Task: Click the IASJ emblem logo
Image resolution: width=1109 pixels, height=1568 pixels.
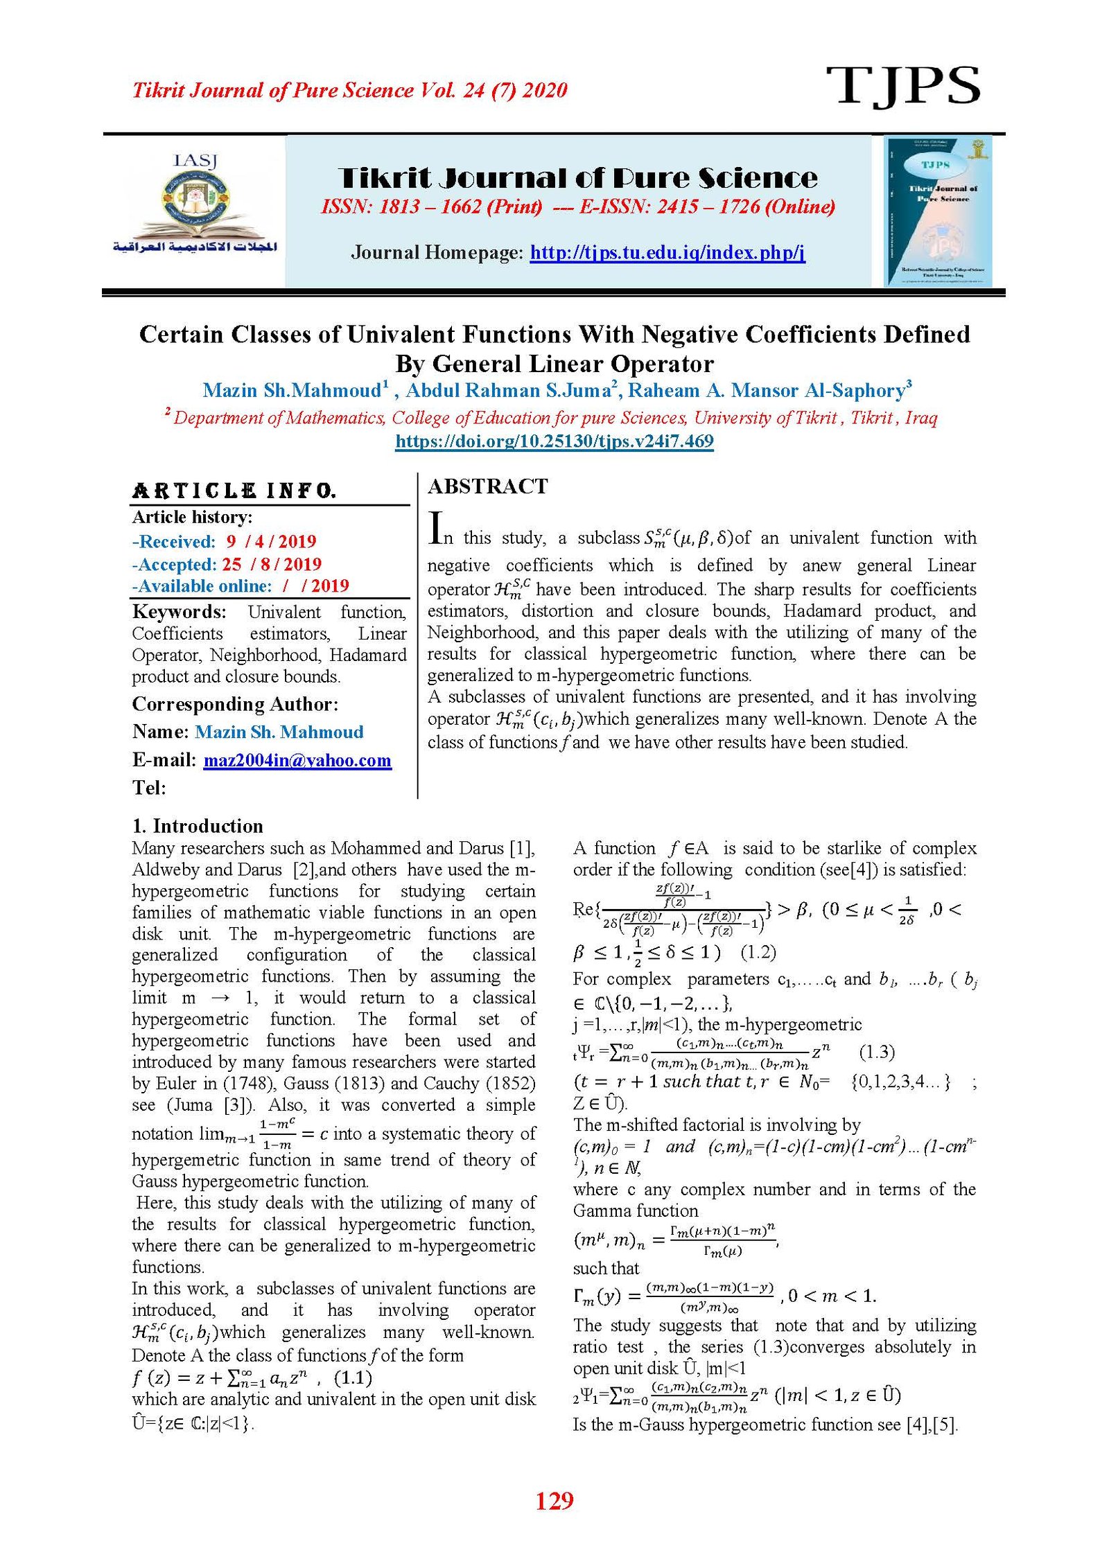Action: pyautogui.click(x=195, y=204)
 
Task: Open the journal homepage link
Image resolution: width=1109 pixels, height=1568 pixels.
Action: pyautogui.click(x=667, y=252)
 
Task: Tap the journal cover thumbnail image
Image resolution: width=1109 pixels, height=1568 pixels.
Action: pyautogui.click(x=938, y=211)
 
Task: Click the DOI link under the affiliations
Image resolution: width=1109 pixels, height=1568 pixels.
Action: pyautogui.click(x=554, y=441)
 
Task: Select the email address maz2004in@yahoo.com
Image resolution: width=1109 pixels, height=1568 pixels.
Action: pyautogui.click(x=297, y=760)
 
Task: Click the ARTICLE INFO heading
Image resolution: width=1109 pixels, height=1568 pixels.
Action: pyautogui.click(x=234, y=491)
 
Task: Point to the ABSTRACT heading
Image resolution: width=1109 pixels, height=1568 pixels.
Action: pyautogui.click(x=487, y=486)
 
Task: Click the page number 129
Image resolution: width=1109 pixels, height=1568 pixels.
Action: pyautogui.click(x=554, y=1500)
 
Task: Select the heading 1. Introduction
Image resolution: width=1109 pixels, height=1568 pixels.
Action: pyautogui.click(x=198, y=825)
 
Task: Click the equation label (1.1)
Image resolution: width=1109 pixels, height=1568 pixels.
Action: pyautogui.click(x=353, y=1377)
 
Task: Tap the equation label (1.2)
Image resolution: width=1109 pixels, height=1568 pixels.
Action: pyautogui.click(x=758, y=952)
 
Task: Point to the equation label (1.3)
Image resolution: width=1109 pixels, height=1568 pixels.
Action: pyautogui.click(x=877, y=1052)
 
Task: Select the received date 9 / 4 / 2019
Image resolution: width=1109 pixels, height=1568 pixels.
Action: pyautogui.click(x=271, y=541)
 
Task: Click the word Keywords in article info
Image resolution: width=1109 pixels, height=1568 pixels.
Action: pyautogui.click(x=179, y=612)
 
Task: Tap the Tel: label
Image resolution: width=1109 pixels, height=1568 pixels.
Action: pyautogui.click(x=149, y=787)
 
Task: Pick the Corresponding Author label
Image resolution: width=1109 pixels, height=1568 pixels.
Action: pyautogui.click(x=235, y=704)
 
